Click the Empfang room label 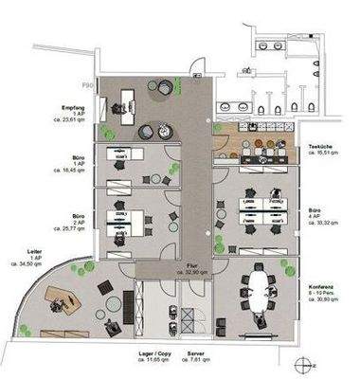75,107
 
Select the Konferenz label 322,286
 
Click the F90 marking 86,86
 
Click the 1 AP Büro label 78,164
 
